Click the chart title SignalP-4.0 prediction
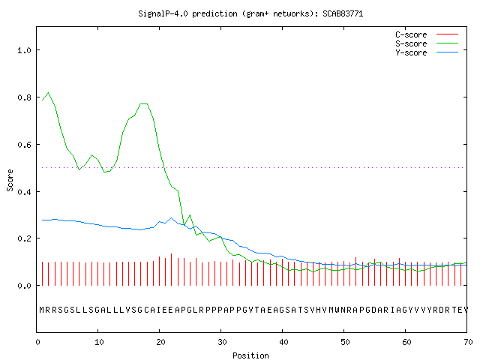pyautogui.click(x=187, y=13)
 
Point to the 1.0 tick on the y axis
pyautogui.click(x=24, y=50)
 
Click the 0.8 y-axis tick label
pyautogui.click(x=24, y=97)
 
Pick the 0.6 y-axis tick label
pyautogui.click(x=24, y=145)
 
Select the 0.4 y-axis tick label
pyautogui.click(x=24, y=192)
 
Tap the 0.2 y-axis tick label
pyautogui.click(x=24, y=238)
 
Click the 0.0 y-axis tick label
pyautogui.click(x=24, y=286)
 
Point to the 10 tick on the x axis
pyautogui.click(x=99, y=342)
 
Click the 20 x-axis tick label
pyautogui.click(x=160, y=342)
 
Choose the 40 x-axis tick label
pyautogui.click(x=283, y=342)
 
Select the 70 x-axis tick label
pyautogui.click(x=468, y=342)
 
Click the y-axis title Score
pyautogui.click(x=10, y=180)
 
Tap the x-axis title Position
pyautogui.click(x=250, y=355)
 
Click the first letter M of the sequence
pyautogui.click(x=42, y=310)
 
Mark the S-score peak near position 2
pyautogui.click(x=48, y=92)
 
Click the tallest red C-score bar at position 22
pyautogui.click(x=172, y=269)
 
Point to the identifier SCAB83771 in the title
pyautogui.click(x=343, y=13)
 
